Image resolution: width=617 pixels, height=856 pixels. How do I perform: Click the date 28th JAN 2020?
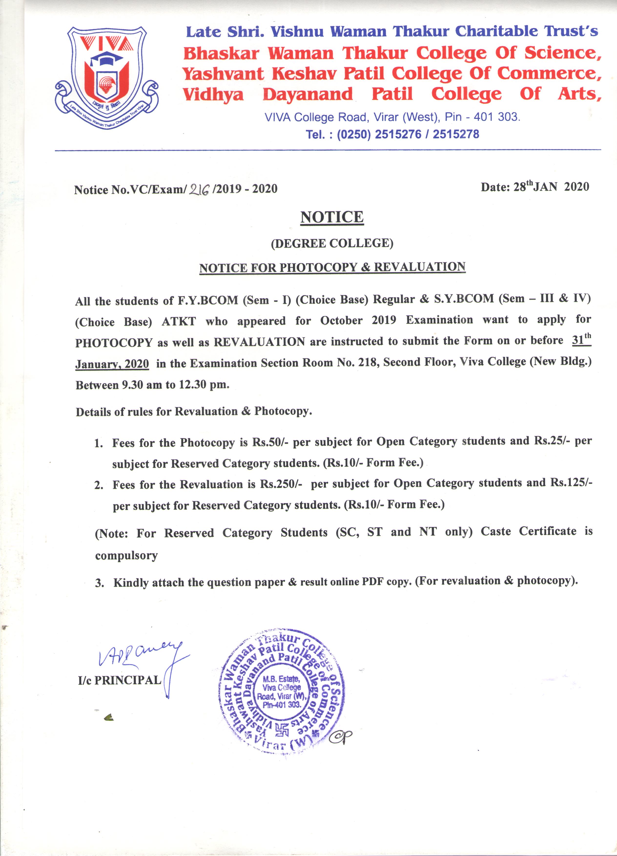coord(534,186)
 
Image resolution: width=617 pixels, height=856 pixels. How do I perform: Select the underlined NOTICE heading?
coord(332,217)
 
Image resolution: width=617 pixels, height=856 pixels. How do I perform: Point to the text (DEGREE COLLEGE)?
coord(332,243)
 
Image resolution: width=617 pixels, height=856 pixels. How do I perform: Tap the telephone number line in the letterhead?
coord(392,134)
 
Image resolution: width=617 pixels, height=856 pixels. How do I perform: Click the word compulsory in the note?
coord(126,556)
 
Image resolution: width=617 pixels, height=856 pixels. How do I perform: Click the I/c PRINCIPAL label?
coord(120,680)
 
